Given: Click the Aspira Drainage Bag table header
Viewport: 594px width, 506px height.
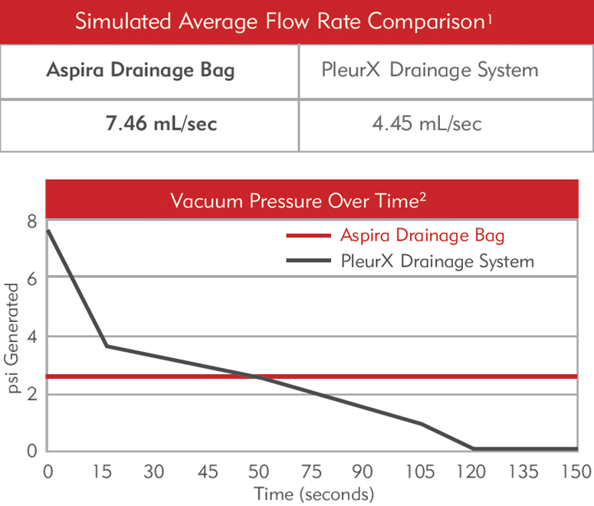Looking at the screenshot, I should click(x=140, y=71).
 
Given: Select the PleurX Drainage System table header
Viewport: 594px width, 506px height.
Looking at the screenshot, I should click(x=429, y=71).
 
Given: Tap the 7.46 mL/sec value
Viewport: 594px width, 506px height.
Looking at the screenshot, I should click(x=161, y=123).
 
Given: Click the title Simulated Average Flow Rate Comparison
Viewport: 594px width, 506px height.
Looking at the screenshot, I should click(x=284, y=21).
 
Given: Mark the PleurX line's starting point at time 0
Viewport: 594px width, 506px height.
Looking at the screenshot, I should click(x=48, y=230).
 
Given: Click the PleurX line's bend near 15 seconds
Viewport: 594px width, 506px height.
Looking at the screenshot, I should click(x=106, y=346).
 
